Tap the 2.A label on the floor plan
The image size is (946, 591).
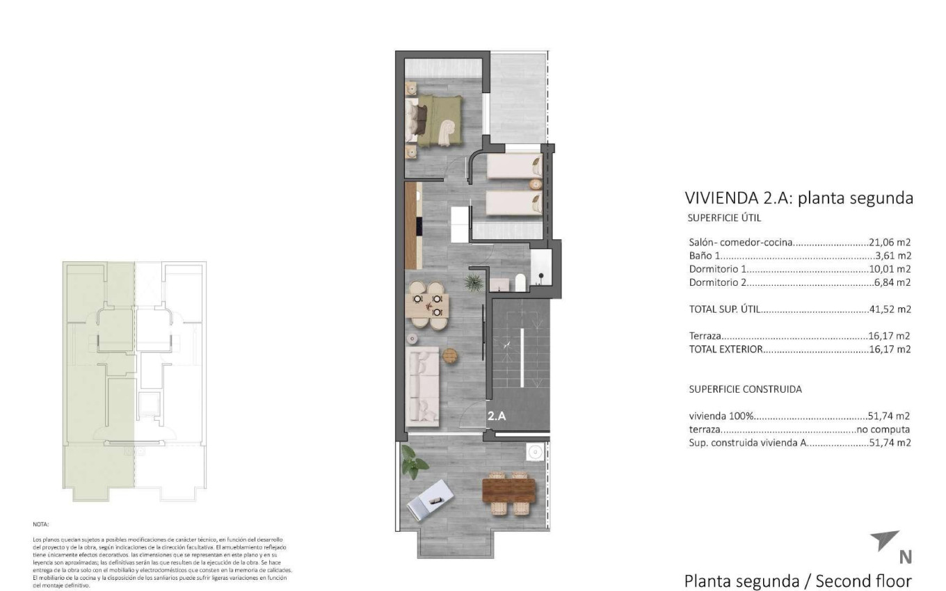(x=496, y=417)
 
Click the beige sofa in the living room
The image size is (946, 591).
(x=424, y=384)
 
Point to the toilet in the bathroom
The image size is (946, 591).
(x=518, y=282)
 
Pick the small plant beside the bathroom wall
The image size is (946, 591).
(x=473, y=282)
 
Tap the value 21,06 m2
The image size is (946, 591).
(x=890, y=243)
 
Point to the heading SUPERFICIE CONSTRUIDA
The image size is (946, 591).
(x=745, y=389)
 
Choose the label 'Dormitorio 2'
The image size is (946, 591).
(x=716, y=282)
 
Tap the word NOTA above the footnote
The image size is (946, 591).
(x=41, y=524)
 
